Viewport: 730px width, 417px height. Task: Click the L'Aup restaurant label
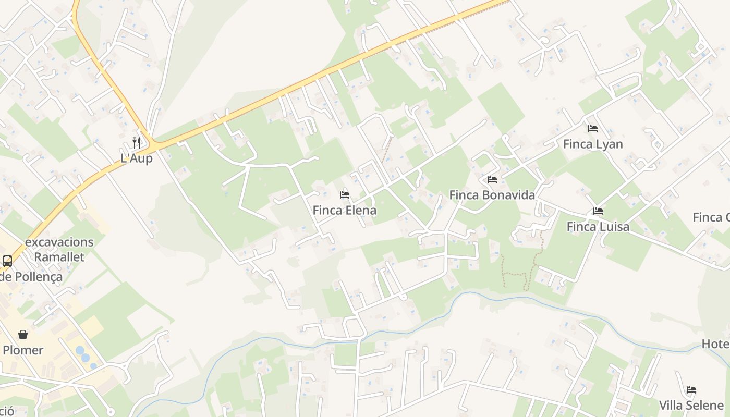[137, 158]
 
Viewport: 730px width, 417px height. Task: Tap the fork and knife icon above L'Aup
[137, 142]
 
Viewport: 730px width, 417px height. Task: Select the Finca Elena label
[344, 211]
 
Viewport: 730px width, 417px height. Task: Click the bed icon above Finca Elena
[344, 195]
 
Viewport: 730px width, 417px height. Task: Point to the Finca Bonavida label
[492, 195]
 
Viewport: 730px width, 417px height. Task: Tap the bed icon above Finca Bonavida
[492, 180]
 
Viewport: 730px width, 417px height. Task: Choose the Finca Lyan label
[592, 144]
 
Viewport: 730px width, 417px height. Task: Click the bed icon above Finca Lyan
[592, 128]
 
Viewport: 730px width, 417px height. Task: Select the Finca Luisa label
[598, 227]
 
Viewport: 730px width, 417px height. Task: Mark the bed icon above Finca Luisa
[598, 211]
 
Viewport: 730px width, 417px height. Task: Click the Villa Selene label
[691, 406]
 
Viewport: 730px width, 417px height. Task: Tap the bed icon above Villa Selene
[691, 389]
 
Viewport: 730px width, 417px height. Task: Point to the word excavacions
[59, 242]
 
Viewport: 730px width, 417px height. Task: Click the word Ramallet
[59, 257]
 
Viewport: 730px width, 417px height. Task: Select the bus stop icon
[7, 261]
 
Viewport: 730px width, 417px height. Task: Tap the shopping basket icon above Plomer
[23, 334]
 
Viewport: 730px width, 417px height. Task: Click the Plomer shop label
[23, 350]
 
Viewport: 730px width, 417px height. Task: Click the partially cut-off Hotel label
[715, 344]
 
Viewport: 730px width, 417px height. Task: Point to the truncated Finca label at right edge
[711, 217]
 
